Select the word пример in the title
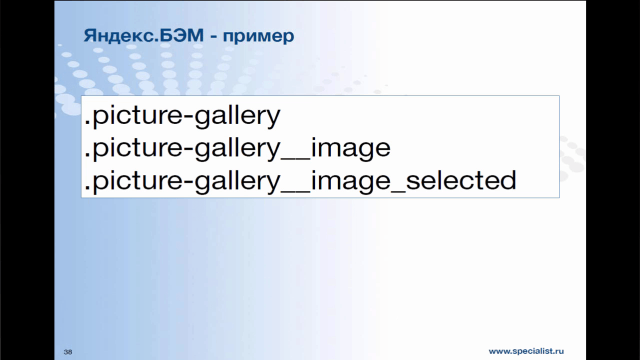258,37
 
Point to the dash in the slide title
213,37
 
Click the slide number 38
68,352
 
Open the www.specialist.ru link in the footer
526,351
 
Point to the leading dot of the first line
87,123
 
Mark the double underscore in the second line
295,159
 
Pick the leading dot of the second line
87,156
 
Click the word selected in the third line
461,180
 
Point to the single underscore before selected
398,192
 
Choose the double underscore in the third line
295,192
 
